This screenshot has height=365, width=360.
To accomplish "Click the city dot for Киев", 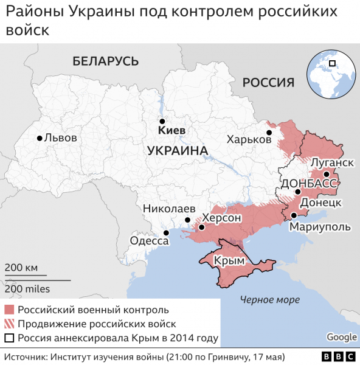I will (162, 121).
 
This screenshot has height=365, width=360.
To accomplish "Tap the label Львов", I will (61, 138).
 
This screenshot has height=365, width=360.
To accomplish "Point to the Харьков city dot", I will (268, 132).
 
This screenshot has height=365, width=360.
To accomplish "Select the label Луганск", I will (332, 162).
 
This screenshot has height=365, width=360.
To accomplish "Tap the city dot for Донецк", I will (298, 192).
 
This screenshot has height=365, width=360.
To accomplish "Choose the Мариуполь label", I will (320, 226).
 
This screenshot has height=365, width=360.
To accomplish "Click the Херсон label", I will (223, 218).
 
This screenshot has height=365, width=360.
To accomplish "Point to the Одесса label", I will (149, 241).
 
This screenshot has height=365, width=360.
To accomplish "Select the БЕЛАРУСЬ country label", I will (105, 61).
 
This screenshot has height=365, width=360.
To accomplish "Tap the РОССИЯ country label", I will (268, 82).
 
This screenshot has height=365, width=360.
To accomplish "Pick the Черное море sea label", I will (269, 299).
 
